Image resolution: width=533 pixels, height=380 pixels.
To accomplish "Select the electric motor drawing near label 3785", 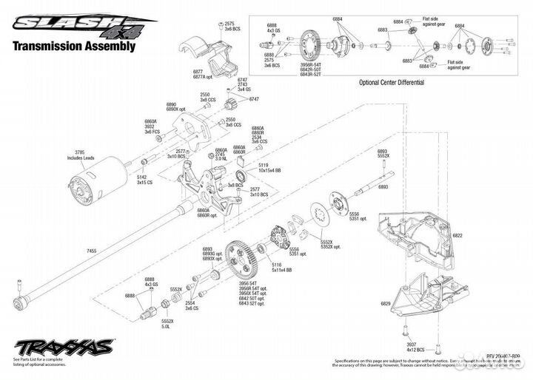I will [90, 180].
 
